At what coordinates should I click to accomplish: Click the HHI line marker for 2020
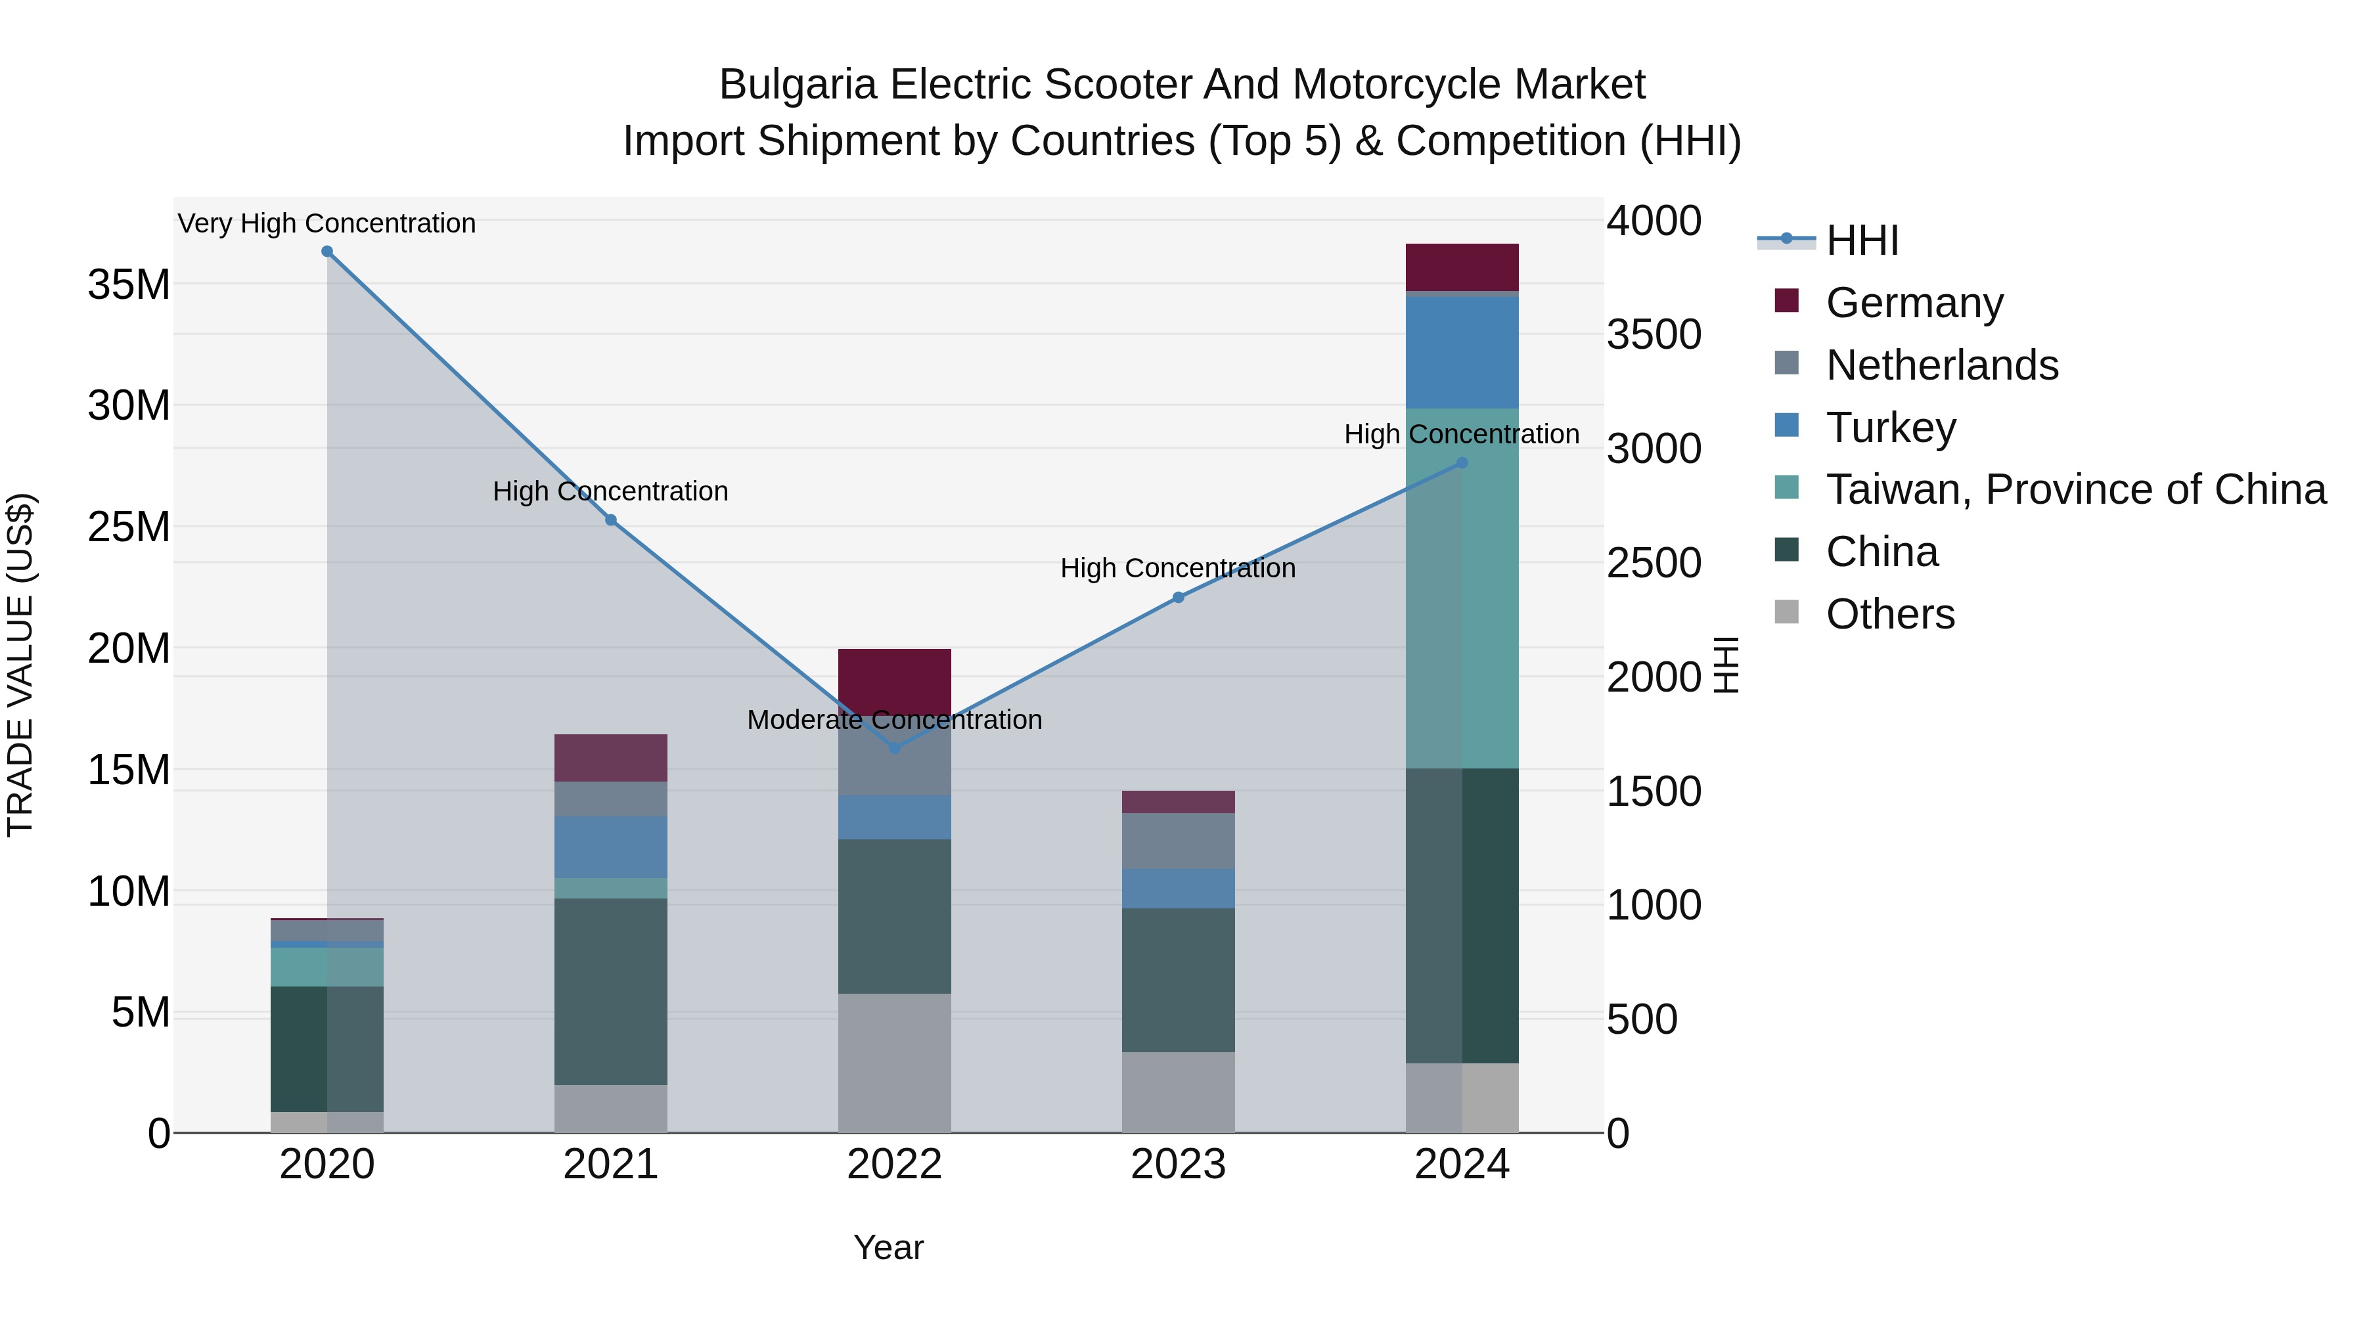pos(327,252)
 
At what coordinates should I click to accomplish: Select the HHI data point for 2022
pos(895,748)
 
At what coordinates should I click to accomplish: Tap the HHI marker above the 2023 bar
pos(1179,598)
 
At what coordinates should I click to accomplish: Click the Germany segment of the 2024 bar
pos(1462,267)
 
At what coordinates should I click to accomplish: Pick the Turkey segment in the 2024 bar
pos(1462,353)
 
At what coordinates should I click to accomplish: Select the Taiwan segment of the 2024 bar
pos(1462,587)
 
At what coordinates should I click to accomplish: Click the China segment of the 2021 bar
pos(610,991)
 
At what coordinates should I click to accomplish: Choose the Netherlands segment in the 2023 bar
pos(1178,841)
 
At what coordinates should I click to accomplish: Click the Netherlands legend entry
pos(1942,365)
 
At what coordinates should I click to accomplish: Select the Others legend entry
pos(1889,614)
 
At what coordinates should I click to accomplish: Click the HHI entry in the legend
pos(1862,240)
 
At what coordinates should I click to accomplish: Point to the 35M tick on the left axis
pos(129,284)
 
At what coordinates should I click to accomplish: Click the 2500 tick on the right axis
pos(1654,563)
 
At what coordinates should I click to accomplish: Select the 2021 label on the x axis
pos(610,1164)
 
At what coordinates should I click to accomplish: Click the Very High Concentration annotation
pos(327,223)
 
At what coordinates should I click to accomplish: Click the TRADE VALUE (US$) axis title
pos(20,665)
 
